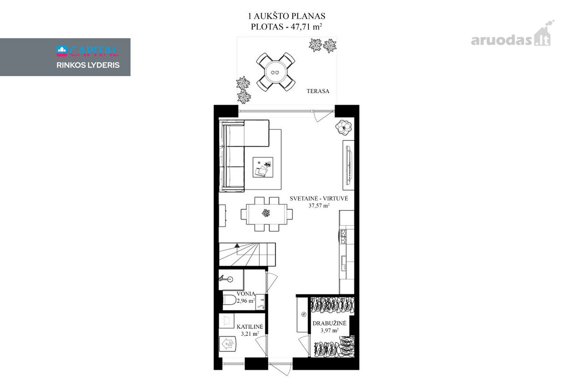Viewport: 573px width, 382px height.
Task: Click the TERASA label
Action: (318, 91)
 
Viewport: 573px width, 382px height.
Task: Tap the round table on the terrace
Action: (275, 72)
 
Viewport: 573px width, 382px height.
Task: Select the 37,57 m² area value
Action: (319, 205)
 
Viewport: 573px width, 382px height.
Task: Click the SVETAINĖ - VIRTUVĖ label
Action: (319, 198)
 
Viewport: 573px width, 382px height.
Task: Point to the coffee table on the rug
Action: (263, 167)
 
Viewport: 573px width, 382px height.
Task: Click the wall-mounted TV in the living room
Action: (349, 165)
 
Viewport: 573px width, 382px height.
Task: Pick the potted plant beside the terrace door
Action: (343, 127)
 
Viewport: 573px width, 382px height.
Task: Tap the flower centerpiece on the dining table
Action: (266, 212)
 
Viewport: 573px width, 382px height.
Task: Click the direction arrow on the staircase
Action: (237, 245)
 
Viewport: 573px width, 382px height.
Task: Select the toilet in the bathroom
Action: (229, 300)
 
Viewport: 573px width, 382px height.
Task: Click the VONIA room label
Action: (245, 294)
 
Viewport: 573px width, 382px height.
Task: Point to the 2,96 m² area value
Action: (245, 301)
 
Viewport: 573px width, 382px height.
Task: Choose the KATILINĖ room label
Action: (250, 327)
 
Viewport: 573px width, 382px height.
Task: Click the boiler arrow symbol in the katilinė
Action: (227, 344)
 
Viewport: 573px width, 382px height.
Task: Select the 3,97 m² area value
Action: (329, 330)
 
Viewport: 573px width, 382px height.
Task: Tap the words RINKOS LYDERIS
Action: (88, 65)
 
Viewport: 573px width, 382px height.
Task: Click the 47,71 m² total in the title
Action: (306, 27)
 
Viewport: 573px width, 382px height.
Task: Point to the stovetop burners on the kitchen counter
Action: (342, 236)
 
